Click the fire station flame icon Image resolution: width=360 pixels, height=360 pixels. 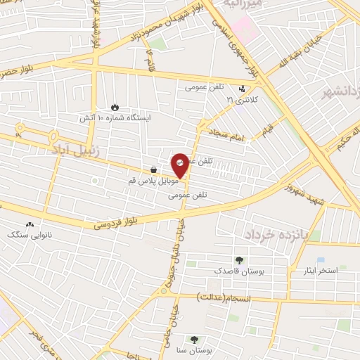pyautogui.click(x=115, y=107)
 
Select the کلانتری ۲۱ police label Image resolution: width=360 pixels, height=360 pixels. pyautogui.click(x=242, y=101)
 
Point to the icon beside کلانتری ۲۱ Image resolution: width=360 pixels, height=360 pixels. pyautogui.click(x=243, y=89)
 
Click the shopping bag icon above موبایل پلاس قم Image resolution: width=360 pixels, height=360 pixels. pyautogui.click(x=153, y=169)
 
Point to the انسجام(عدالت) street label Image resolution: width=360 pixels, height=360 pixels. pyautogui.click(x=228, y=298)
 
